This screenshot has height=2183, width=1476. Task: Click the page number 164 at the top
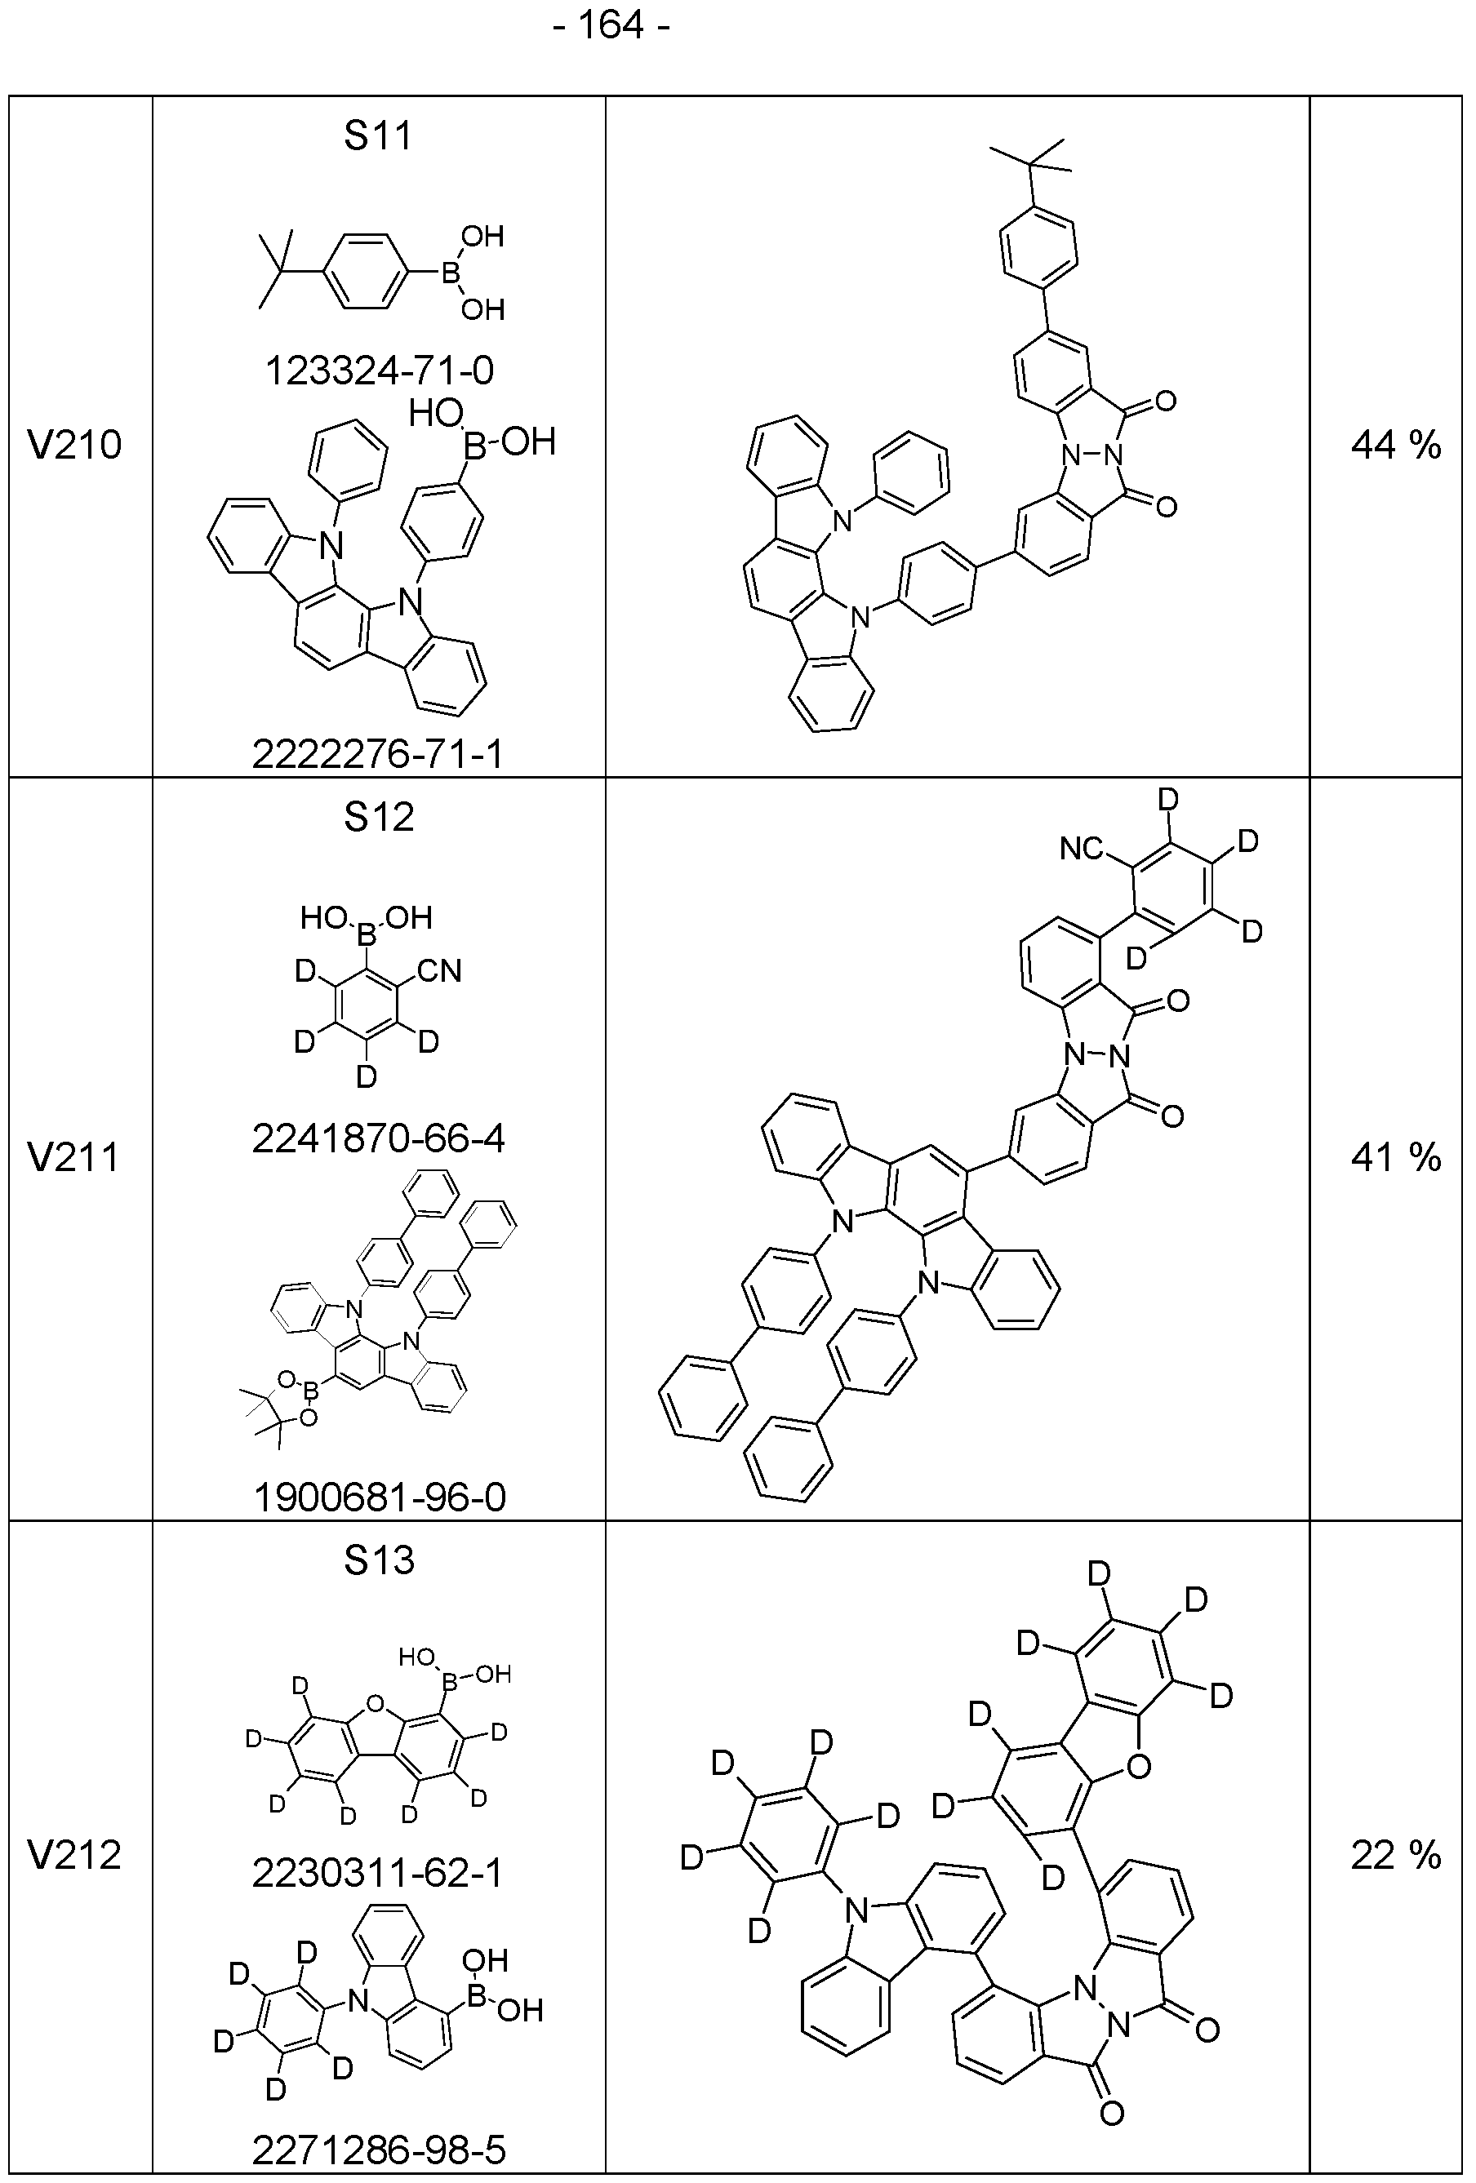pos(610,25)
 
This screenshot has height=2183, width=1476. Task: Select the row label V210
pos(75,446)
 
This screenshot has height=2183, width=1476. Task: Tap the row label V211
pos(75,1157)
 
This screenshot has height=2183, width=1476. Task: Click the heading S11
pos(378,136)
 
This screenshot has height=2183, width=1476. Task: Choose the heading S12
pos(379,817)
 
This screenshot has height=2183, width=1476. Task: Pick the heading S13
pos(379,1560)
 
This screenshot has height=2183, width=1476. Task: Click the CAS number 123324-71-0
pos(379,371)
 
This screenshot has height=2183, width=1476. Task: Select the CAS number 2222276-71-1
pos(378,753)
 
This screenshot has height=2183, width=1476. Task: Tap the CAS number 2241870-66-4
pos(379,1139)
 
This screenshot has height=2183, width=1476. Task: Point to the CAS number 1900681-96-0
pos(380,1497)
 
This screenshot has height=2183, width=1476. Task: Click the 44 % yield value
pos(1396,446)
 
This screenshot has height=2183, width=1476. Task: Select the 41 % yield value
pos(1396,1157)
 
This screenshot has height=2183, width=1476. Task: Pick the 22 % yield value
pos(1396,1855)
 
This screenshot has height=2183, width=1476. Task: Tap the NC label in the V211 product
pos(1082,850)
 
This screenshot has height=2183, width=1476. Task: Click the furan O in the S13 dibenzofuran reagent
pos(376,1702)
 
